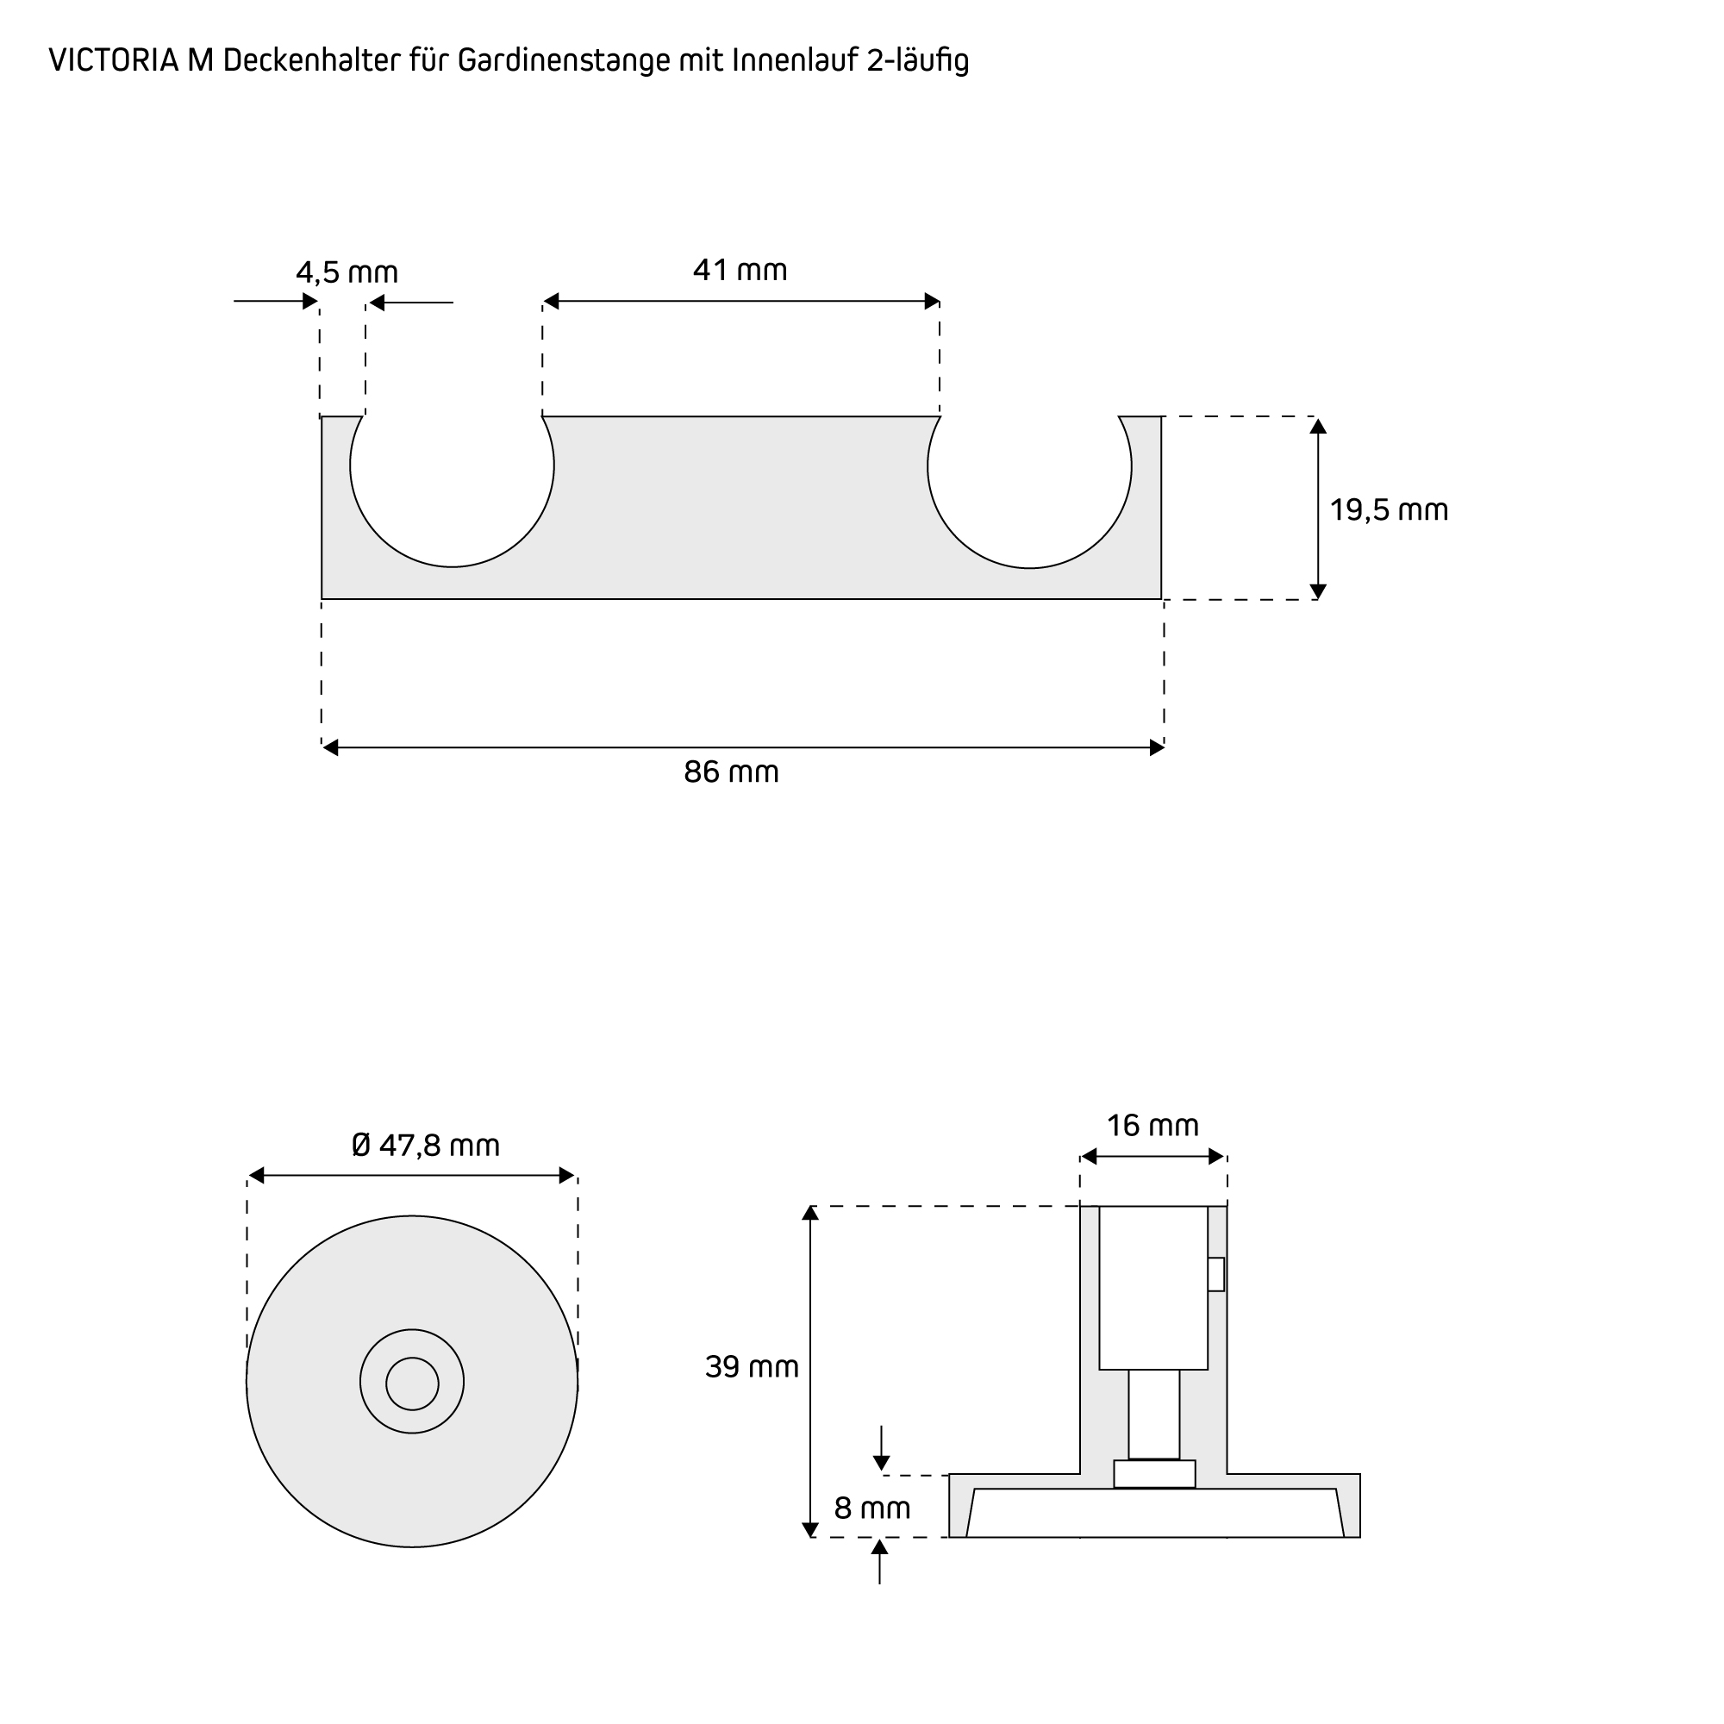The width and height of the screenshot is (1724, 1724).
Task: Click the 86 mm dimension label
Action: tap(731, 771)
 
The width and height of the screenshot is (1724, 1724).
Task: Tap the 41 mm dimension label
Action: tap(740, 270)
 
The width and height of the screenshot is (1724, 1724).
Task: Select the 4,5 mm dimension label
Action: tap(347, 272)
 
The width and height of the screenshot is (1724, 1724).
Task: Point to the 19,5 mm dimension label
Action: tap(1389, 510)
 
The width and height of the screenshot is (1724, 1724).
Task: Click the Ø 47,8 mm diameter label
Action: tap(426, 1145)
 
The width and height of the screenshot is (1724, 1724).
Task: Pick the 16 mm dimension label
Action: tap(1152, 1125)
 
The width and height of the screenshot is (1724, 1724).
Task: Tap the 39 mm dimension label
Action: tap(752, 1367)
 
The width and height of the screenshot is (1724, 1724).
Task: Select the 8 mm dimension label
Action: tap(871, 1508)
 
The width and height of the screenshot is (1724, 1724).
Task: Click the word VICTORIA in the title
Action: tap(115, 60)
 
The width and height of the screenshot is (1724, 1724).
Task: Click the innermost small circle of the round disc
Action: tap(412, 1384)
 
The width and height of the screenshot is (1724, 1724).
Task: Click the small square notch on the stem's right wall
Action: tap(1215, 1274)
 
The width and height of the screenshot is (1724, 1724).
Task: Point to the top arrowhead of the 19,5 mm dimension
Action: tap(1318, 426)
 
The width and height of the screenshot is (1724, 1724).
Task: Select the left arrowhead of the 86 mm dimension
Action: tap(330, 747)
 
